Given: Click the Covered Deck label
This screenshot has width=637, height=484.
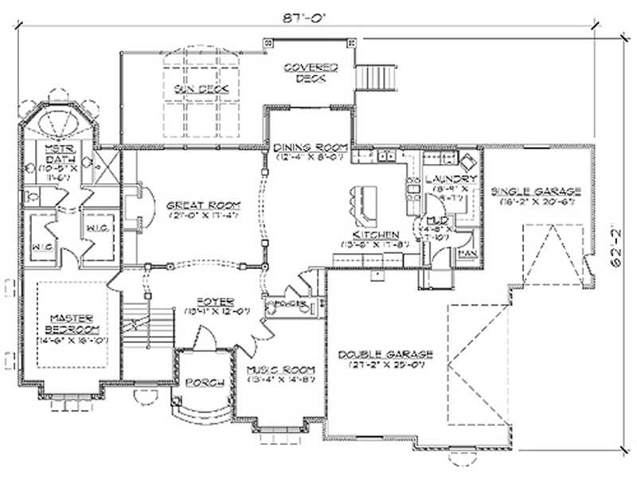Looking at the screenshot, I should click(x=311, y=72).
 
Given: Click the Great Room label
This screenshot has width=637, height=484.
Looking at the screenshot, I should click(x=203, y=205).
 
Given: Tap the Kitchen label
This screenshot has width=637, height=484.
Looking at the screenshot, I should click(x=375, y=235).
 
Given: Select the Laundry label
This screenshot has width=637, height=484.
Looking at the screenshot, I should click(x=451, y=179).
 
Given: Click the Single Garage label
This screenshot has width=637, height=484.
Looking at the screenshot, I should click(x=536, y=191).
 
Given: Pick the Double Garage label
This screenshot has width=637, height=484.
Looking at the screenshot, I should click(x=385, y=353).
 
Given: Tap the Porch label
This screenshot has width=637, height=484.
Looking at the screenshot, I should click(x=205, y=382).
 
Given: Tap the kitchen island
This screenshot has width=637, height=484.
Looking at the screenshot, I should click(x=362, y=205).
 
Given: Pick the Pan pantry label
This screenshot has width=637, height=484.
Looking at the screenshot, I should click(x=467, y=252).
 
